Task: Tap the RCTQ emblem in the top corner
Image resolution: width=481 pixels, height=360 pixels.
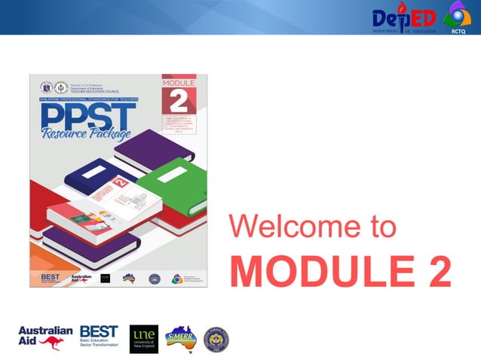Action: (457, 17)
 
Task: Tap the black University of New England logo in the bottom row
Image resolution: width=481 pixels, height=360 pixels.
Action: (143, 339)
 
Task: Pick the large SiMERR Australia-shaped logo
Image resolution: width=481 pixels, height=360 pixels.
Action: (180, 339)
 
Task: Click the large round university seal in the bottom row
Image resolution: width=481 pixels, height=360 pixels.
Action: (216, 340)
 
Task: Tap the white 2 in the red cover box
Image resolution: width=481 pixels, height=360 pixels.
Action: (179, 101)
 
